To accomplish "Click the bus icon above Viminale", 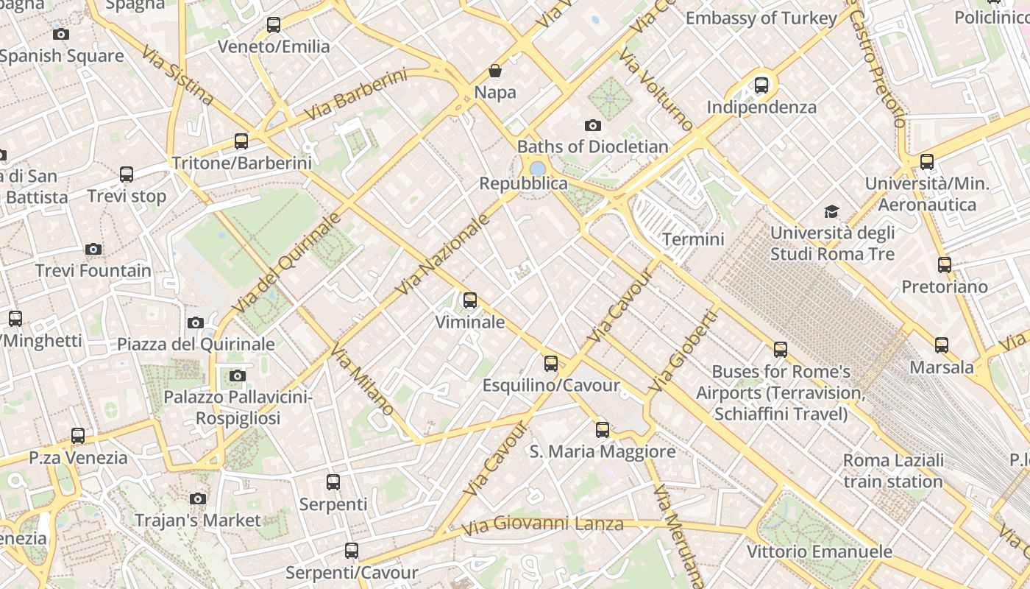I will pyautogui.click(x=469, y=300).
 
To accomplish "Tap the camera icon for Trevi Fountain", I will pyautogui.click(x=93, y=249).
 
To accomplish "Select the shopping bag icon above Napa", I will pyautogui.click(x=495, y=71).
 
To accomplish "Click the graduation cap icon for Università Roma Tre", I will pyautogui.click(x=831, y=211).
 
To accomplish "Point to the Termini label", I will pyautogui.click(x=693, y=239).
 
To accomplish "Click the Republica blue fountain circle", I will pyautogui.click(x=538, y=168).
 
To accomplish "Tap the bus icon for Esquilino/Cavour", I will pyautogui.click(x=550, y=364).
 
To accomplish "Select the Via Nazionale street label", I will pyautogui.click(x=443, y=255).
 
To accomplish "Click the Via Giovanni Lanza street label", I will pyautogui.click(x=542, y=525).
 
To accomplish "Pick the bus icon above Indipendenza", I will pyautogui.click(x=761, y=85).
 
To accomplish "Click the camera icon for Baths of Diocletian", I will pyautogui.click(x=592, y=125).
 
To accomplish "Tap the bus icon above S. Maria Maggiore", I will pyautogui.click(x=603, y=430).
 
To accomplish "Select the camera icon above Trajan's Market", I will pyautogui.click(x=197, y=498).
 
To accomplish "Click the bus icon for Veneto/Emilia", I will pyautogui.click(x=274, y=25).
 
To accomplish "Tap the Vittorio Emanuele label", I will pyautogui.click(x=819, y=551).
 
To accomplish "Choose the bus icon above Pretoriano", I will pyautogui.click(x=944, y=265).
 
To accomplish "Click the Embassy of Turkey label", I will pyautogui.click(x=761, y=18).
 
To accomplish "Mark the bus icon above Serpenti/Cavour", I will pyautogui.click(x=352, y=551).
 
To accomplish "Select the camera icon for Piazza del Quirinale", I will pyautogui.click(x=196, y=322).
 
